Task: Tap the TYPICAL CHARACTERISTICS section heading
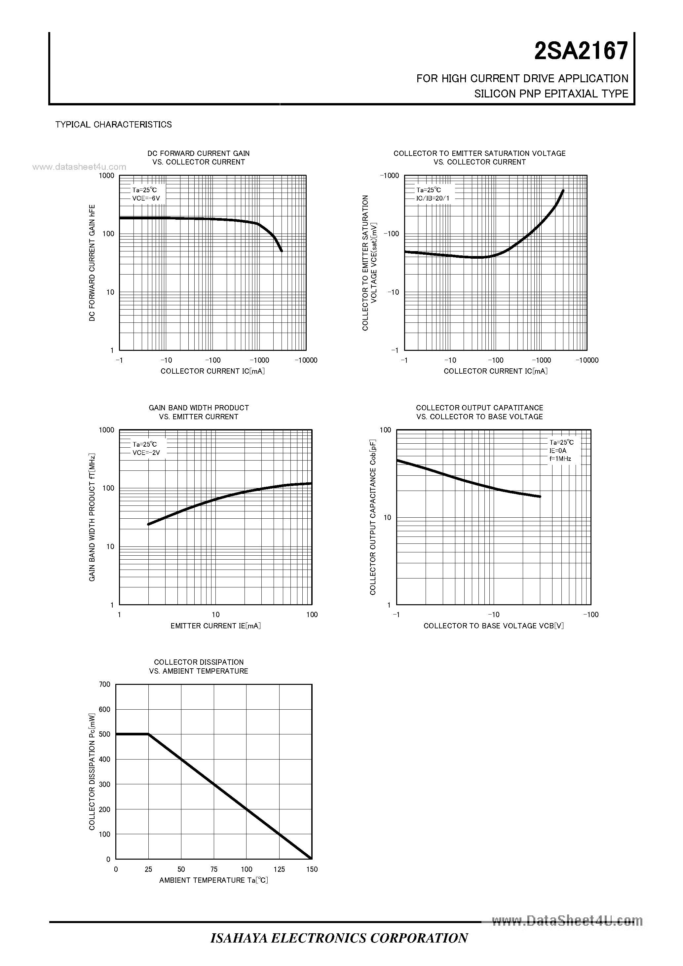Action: coord(114,125)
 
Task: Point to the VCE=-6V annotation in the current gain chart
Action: coord(146,198)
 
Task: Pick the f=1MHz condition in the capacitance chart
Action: coord(560,459)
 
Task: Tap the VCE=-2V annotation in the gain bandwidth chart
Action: coord(146,453)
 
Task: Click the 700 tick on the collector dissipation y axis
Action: coord(105,685)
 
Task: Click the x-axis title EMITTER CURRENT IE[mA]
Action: coord(215,626)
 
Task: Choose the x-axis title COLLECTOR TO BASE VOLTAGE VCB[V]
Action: coord(494,626)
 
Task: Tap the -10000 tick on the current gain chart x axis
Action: coord(306,360)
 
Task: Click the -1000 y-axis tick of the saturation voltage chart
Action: coord(389,176)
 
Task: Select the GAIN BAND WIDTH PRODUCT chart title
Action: coord(199,408)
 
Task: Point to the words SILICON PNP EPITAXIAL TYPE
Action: coord(551,94)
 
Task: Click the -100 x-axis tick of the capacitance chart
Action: coord(590,615)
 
